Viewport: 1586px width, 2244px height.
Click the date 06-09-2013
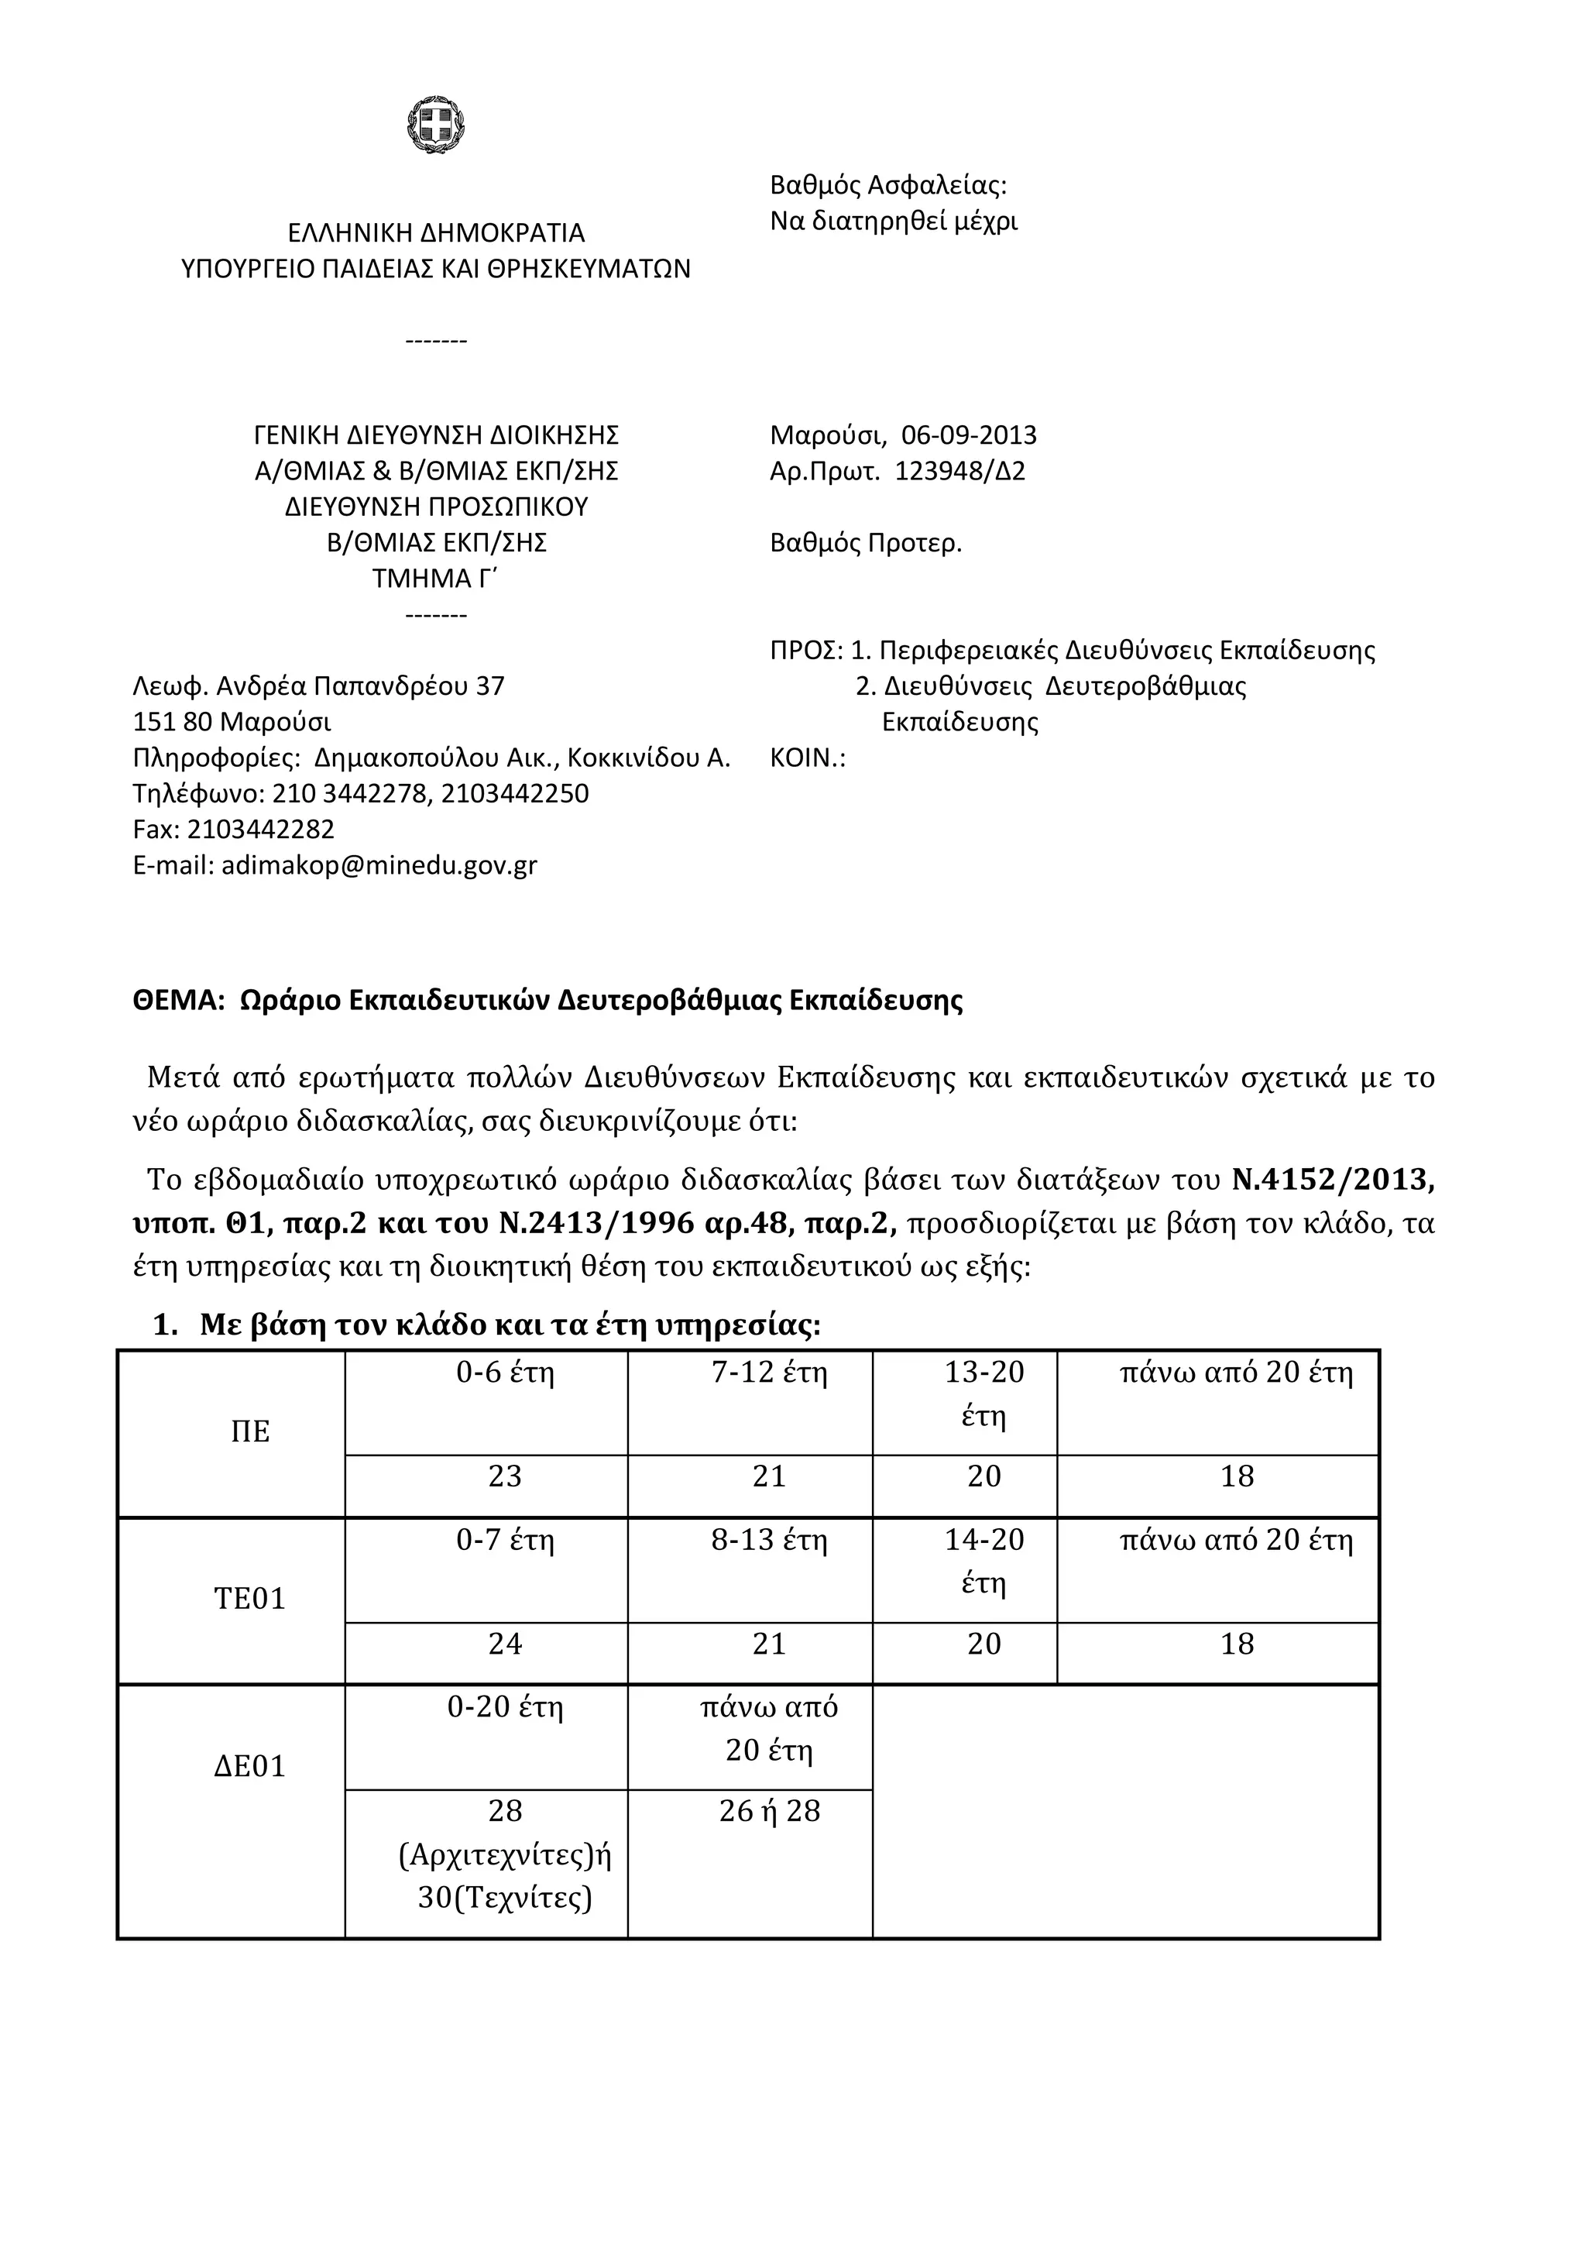[x=969, y=435]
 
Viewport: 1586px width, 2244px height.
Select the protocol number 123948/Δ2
[x=959, y=471]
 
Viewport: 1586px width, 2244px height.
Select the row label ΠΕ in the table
[x=250, y=1431]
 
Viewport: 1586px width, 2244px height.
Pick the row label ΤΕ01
[x=250, y=1599]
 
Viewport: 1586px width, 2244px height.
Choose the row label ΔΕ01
[x=250, y=1766]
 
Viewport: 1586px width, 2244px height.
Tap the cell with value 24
[x=505, y=1644]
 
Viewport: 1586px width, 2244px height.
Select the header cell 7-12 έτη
[x=769, y=1373]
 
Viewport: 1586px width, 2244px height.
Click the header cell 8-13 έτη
[x=769, y=1541]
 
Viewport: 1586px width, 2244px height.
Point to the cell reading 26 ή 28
[x=769, y=1811]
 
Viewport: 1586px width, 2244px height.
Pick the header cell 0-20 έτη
[x=505, y=1707]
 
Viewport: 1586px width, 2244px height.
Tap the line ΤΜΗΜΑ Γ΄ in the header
[x=436, y=579]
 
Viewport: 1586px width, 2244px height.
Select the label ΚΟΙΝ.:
[x=807, y=758]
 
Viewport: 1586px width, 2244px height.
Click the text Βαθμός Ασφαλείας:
[x=887, y=184]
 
